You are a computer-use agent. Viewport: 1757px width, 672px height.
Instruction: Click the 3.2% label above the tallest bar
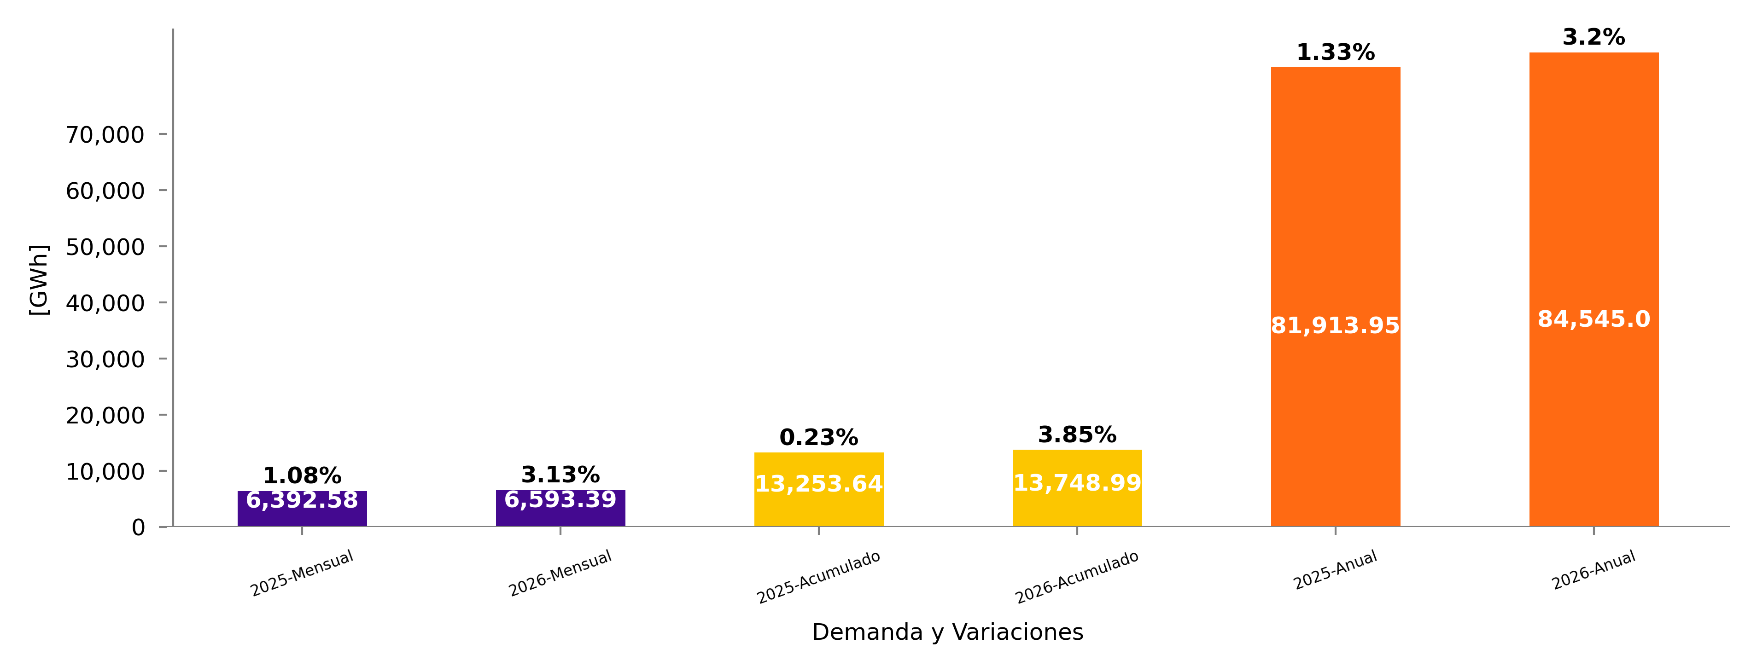pyautogui.click(x=1594, y=37)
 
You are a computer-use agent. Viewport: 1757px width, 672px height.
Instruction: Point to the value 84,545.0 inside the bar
pyautogui.click(x=1594, y=319)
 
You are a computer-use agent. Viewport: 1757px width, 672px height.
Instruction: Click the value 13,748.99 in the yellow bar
pyautogui.click(x=1077, y=483)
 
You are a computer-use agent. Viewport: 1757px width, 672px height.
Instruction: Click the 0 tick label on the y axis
pyautogui.click(x=139, y=527)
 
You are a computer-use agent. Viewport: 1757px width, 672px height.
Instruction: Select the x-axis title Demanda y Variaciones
pyautogui.click(x=947, y=632)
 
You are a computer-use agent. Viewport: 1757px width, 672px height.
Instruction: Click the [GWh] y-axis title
pyautogui.click(x=39, y=279)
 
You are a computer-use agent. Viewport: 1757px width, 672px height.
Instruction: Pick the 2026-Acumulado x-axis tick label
pyautogui.click(x=1077, y=577)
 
